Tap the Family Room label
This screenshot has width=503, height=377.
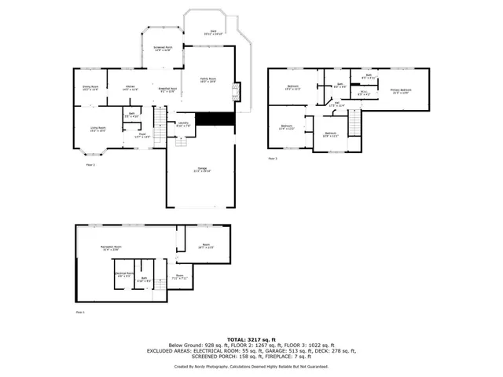(x=207, y=80)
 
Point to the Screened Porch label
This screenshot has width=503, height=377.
(x=163, y=49)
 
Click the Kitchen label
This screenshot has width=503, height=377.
(x=130, y=88)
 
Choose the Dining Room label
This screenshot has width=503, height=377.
(x=90, y=88)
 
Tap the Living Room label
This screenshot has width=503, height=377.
(x=98, y=129)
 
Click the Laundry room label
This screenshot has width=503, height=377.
(x=182, y=124)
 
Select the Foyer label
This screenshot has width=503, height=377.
(x=143, y=135)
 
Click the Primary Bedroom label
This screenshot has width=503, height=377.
(x=401, y=91)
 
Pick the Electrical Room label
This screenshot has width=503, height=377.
(x=124, y=276)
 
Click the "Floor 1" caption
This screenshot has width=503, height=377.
(x=79, y=312)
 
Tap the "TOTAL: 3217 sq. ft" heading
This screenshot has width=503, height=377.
(x=251, y=339)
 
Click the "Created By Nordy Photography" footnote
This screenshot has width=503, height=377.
(x=251, y=367)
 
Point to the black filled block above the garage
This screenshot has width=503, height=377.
(x=215, y=119)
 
